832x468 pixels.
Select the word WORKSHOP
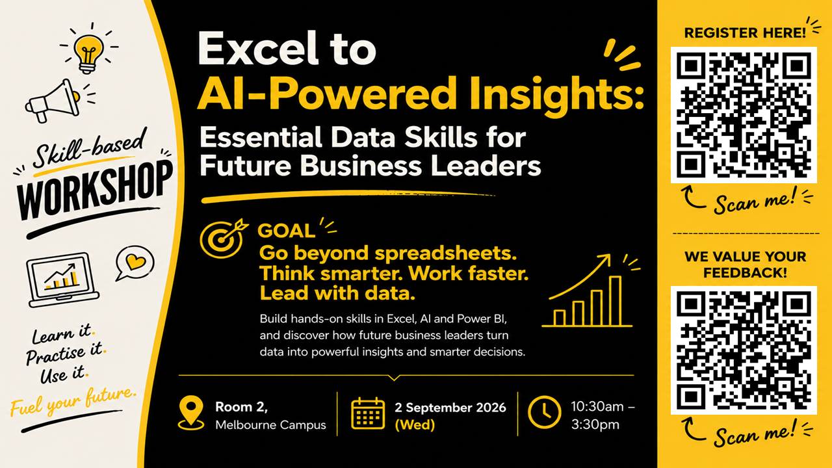click(x=95, y=190)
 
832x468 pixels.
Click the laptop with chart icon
click(x=62, y=279)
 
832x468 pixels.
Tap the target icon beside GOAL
click(x=223, y=239)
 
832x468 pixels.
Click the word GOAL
click(x=287, y=231)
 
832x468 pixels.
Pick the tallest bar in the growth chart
click(x=615, y=301)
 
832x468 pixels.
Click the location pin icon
click(x=191, y=413)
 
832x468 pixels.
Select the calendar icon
click(x=368, y=413)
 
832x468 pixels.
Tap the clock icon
click(x=545, y=412)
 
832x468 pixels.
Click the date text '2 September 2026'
click(x=450, y=408)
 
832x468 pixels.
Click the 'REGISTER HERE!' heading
click(x=745, y=32)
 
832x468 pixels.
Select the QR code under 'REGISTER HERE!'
click(x=744, y=115)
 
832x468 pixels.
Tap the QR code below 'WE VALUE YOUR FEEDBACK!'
click(x=744, y=350)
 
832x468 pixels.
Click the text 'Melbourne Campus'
click(x=270, y=425)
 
